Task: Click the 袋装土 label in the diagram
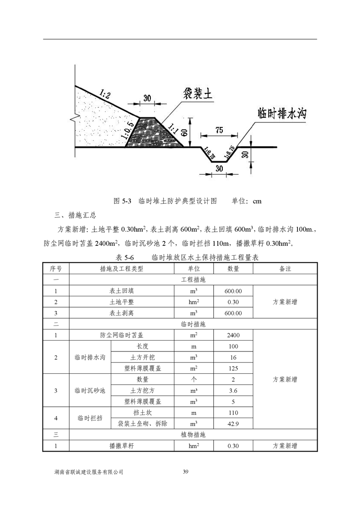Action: tap(198, 94)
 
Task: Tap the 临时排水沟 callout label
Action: tap(281, 113)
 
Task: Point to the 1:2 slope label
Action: tap(104, 95)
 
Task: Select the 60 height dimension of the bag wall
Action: tap(184, 132)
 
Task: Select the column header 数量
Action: tap(233, 269)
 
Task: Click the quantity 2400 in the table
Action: tap(233, 335)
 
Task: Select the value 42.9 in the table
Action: tap(233, 424)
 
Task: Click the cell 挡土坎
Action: tap(142, 413)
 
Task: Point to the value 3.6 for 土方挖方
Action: tap(233, 391)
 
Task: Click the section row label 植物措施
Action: tap(193, 435)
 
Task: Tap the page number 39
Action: tap(185, 472)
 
